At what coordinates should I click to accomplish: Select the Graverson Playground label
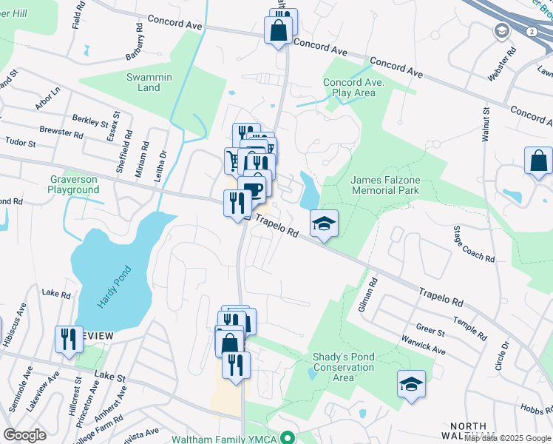(x=74, y=184)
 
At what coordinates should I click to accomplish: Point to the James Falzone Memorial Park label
(x=384, y=185)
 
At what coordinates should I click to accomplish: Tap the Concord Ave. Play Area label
(x=353, y=88)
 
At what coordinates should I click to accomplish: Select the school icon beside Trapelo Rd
(x=324, y=223)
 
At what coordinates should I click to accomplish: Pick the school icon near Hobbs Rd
(x=412, y=384)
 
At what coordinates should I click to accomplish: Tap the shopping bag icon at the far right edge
(x=538, y=161)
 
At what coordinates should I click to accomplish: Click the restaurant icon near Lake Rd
(x=69, y=340)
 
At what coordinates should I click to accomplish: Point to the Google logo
(x=24, y=435)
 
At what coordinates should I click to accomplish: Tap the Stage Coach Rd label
(x=474, y=245)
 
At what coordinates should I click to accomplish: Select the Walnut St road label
(x=486, y=124)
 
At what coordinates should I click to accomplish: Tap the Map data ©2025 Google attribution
(x=508, y=438)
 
